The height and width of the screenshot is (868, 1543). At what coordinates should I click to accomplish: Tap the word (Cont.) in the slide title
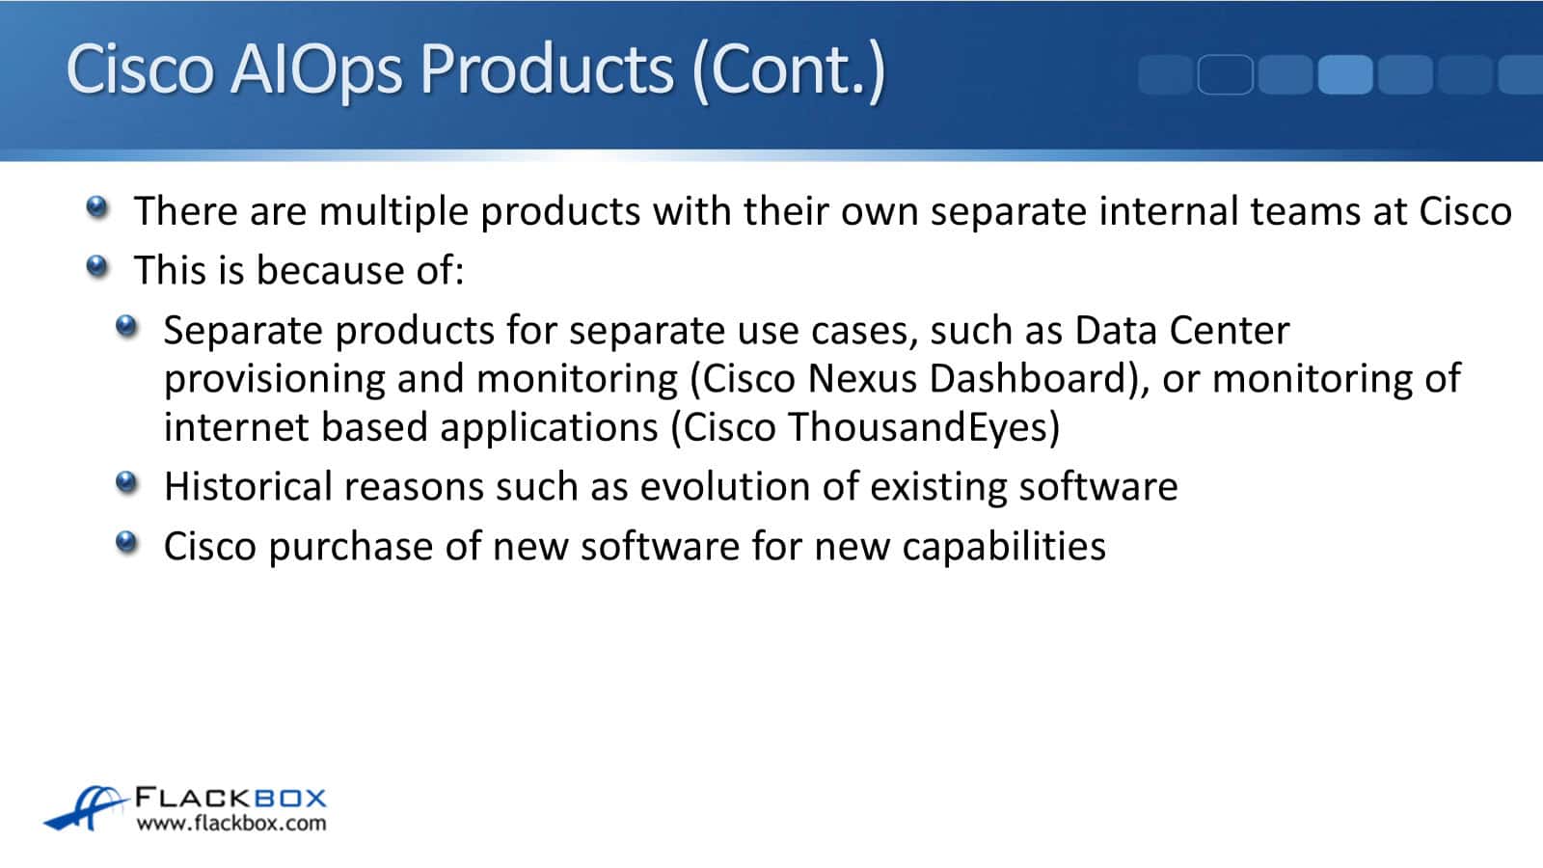tap(788, 70)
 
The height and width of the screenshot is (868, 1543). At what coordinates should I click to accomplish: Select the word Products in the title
tap(547, 68)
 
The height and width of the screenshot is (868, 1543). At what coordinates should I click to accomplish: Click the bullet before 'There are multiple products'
tap(97, 206)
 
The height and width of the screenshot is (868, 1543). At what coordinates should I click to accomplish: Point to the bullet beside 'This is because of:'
tap(97, 266)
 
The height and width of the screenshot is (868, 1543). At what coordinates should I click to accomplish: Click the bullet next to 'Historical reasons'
tap(126, 482)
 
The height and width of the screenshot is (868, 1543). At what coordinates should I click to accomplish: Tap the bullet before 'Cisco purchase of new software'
tap(126, 542)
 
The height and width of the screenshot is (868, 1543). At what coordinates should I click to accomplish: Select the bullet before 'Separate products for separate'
tap(126, 326)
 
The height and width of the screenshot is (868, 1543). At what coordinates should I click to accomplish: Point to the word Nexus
tap(862, 379)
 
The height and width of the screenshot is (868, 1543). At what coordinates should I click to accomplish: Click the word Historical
tap(249, 486)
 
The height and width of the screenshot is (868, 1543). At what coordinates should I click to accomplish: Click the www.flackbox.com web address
tap(231, 824)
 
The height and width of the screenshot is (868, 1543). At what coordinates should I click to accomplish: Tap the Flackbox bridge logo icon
tap(86, 808)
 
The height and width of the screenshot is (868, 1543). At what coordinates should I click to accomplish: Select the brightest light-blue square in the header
tap(1345, 74)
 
